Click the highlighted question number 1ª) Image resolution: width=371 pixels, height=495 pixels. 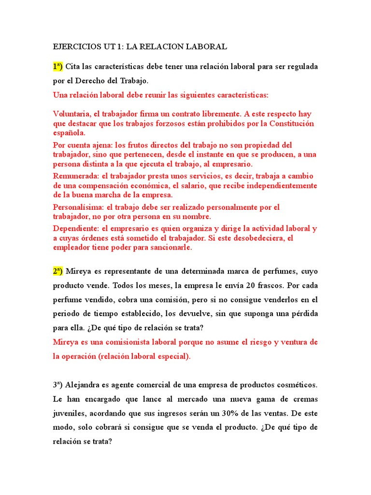coord(58,66)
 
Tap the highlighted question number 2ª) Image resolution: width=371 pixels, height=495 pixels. coord(58,271)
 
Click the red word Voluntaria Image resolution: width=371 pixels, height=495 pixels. coord(71,114)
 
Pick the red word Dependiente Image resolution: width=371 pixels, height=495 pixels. coord(74,229)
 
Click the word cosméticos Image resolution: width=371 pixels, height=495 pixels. coord(295,385)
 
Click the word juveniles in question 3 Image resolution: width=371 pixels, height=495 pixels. coord(70,414)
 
